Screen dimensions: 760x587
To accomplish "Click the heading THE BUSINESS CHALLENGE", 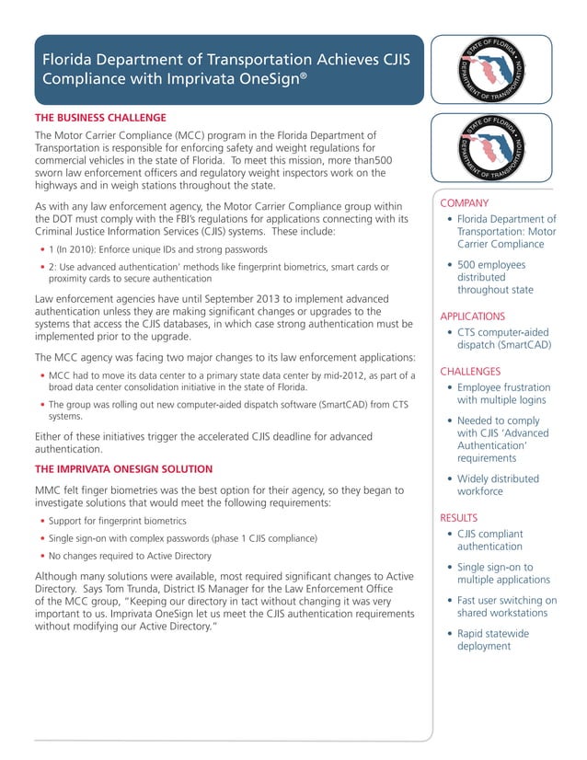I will (100, 118).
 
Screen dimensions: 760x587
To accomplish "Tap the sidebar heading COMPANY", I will (465, 202).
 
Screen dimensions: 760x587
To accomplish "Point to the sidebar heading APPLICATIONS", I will (472, 316).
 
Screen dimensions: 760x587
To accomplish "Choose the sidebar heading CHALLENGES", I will (470, 372).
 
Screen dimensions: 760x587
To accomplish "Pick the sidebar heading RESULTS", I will (459, 518).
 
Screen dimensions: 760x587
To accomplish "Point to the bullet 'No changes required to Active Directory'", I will (130, 556).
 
